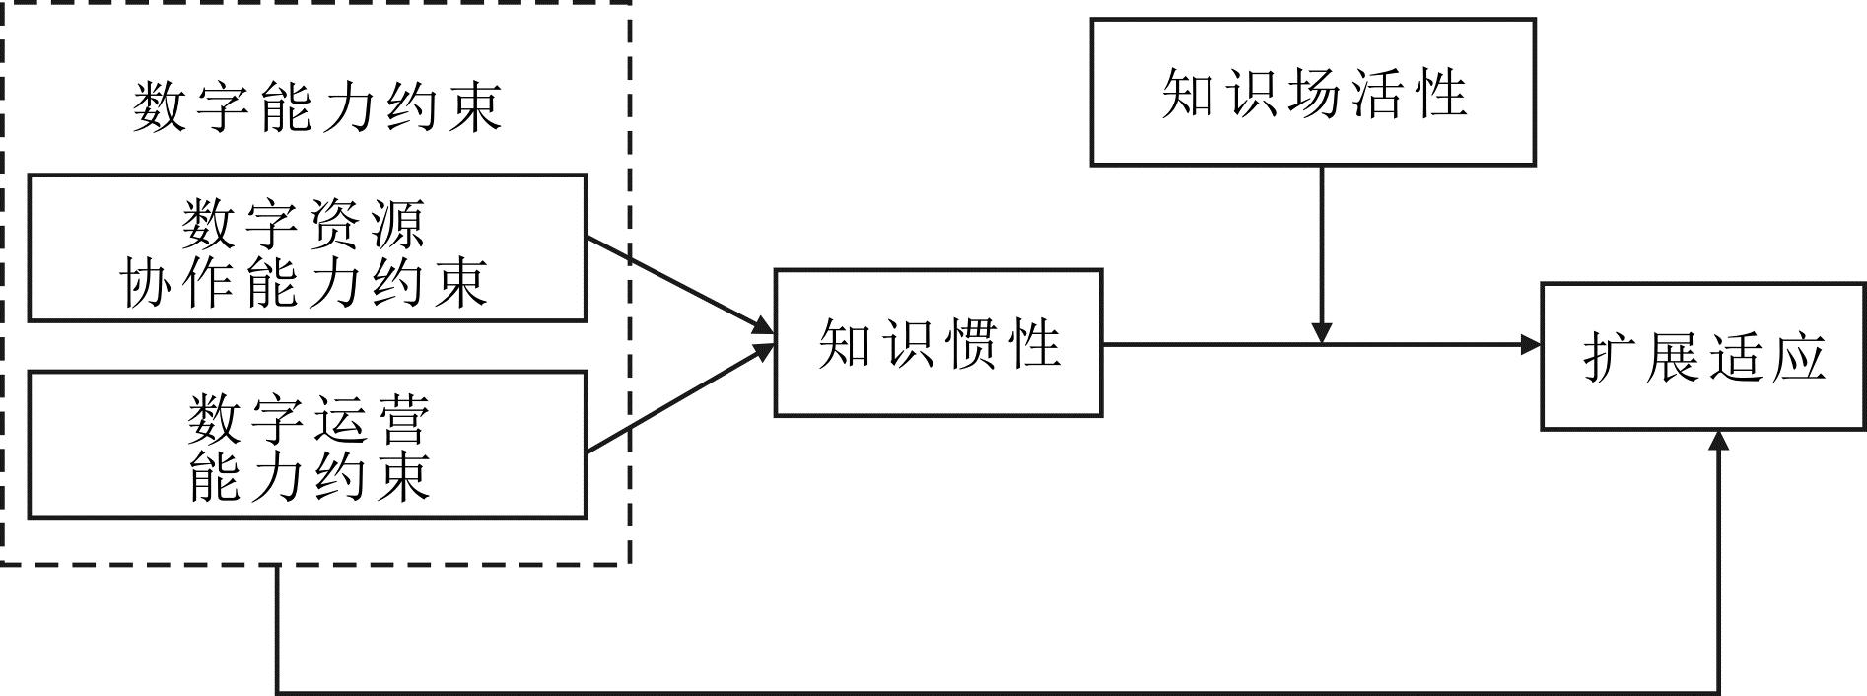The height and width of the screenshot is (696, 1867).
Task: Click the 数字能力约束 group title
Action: pyautogui.click(x=317, y=106)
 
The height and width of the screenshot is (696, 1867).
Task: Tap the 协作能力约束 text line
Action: pyautogui.click(x=304, y=284)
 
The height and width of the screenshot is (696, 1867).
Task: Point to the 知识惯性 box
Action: pyautogui.click(x=938, y=343)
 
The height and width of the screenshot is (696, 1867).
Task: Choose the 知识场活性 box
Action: pyautogui.click(x=1312, y=92)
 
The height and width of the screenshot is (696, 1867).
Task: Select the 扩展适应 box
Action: pyautogui.click(x=1702, y=356)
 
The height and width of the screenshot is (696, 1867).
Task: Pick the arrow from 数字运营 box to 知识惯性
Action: pyautogui.click(x=680, y=398)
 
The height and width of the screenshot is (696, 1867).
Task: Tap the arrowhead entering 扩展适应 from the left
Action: pyautogui.click(x=1531, y=344)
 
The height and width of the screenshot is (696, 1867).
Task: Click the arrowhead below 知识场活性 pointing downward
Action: pyautogui.click(x=1322, y=332)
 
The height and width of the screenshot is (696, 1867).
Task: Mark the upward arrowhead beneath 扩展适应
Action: pyautogui.click(x=1719, y=441)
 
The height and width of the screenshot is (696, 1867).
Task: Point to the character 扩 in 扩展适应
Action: pyautogui.click(x=1611, y=356)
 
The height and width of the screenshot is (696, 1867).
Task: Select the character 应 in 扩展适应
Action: pyautogui.click(x=1797, y=356)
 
